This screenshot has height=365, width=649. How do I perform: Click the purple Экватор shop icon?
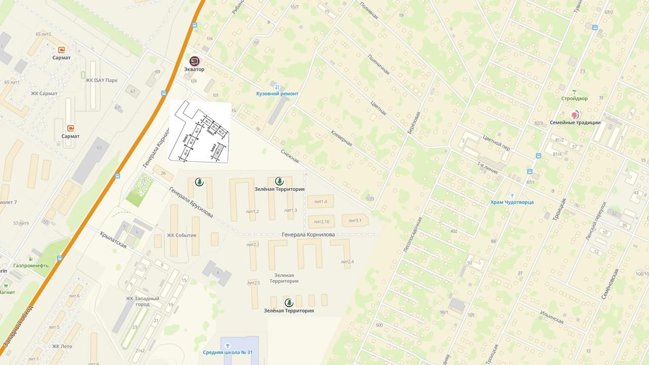[194, 61]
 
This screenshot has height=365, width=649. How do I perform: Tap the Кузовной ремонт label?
[277, 94]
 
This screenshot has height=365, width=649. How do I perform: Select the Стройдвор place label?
[574, 98]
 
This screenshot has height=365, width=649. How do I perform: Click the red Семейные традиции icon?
[575, 115]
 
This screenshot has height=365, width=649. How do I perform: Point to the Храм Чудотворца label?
[512, 202]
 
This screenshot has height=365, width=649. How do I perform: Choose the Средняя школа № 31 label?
[228, 353]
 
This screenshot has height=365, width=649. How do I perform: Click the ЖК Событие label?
[182, 235]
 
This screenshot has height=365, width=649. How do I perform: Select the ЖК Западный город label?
[142, 302]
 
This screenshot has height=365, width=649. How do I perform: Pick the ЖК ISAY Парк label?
[101, 80]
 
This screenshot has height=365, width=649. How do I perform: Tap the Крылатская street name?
[113, 239]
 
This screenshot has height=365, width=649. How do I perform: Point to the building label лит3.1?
[354, 221]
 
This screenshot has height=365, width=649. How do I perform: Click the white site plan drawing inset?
[199, 132]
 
